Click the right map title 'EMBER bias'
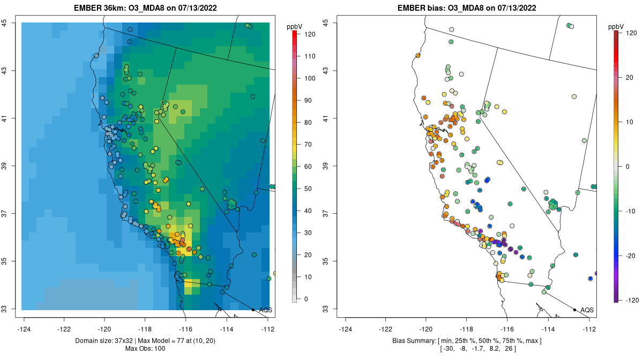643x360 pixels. coord(420,8)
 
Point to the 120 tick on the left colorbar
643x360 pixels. coord(310,34)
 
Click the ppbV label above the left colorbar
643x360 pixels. coord(295,26)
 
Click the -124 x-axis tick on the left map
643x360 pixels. coord(24,328)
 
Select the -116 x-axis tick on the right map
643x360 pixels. coord(507,328)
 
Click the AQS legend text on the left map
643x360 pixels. coord(265,310)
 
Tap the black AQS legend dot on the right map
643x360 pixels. coord(574,310)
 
